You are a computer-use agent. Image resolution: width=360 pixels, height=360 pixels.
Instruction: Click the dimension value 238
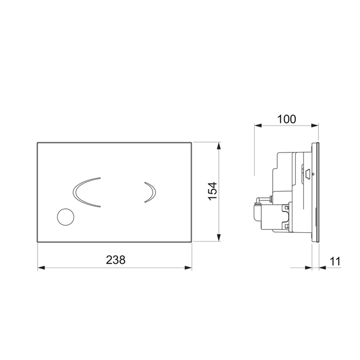pos(116,260)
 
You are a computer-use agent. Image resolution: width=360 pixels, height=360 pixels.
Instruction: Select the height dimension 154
pos(212,191)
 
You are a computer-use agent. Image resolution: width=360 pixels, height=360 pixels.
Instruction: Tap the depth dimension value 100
pos(287,119)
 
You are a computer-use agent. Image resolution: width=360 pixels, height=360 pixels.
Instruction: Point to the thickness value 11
pos(335,261)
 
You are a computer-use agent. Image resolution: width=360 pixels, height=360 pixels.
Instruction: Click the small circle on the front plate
pos(66,217)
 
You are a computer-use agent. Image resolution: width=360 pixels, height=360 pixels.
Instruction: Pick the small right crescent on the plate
pos(150,192)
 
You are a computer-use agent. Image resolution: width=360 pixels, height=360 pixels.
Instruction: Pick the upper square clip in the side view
pos(287,208)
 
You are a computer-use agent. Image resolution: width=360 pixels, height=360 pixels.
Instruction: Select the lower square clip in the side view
pos(287,226)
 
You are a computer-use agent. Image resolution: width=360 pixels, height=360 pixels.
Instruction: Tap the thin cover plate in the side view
pos(316,193)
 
